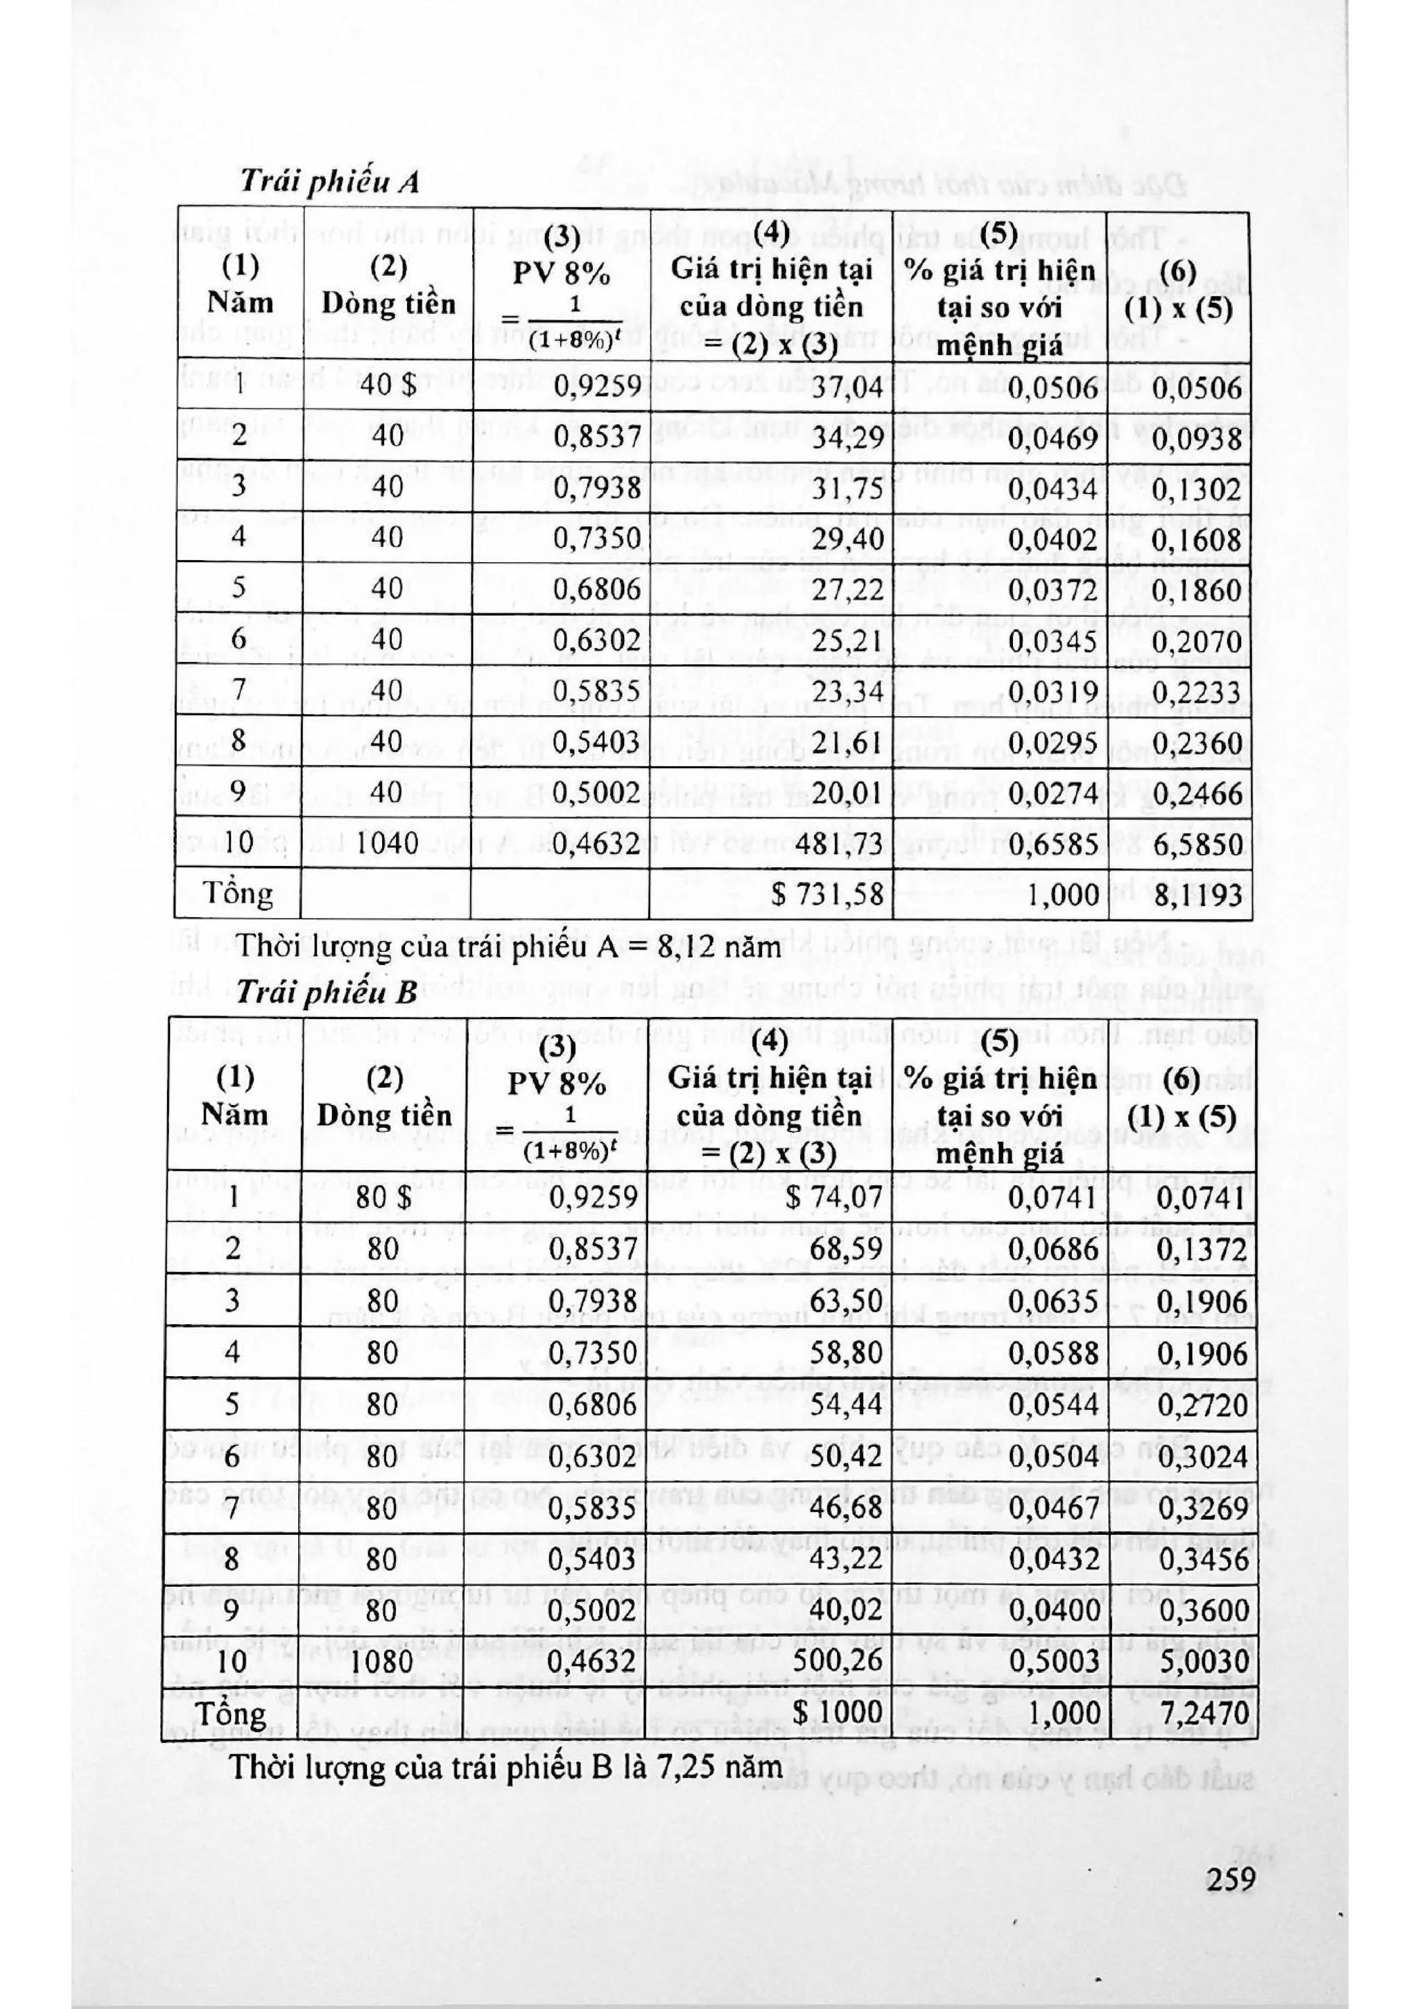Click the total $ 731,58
[x=826, y=894]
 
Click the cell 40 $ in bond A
[x=388, y=386]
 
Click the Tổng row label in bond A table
[x=237, y=894]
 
